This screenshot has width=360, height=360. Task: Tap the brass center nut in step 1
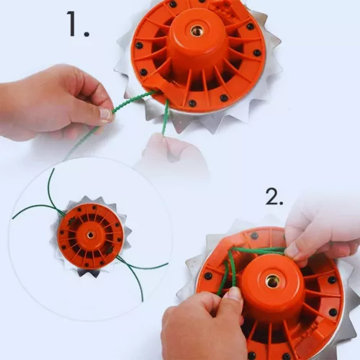(197, 30)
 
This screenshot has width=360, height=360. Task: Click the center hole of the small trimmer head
(91, 235)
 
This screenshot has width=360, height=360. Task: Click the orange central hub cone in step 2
(271, 288)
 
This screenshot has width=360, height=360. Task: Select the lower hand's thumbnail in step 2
(232, 294)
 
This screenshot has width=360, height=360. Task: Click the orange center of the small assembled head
(91, 235)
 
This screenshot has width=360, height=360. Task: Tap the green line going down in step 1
(166, 117)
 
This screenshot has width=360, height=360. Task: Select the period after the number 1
(86, 34)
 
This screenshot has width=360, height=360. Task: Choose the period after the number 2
(282, 203)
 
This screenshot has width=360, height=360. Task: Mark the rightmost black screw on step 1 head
(257, 52)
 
